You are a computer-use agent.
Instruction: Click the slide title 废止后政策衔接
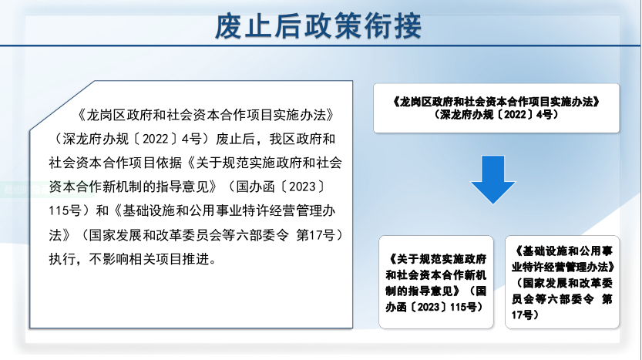318,27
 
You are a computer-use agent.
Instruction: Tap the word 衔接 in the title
392,27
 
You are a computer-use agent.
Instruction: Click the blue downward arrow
493,180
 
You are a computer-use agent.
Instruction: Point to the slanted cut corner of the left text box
62,106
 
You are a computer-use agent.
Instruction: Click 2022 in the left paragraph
155,140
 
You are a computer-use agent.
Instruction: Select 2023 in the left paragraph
302,187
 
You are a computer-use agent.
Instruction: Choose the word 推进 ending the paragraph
196,259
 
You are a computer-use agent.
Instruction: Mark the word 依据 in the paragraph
169,163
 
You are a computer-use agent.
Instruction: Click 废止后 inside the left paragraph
235,140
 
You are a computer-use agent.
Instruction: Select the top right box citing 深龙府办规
496,108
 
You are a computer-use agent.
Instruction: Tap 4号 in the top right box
545,114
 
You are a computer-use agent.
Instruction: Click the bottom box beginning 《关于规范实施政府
436,282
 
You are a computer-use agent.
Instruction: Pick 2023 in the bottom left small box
429,307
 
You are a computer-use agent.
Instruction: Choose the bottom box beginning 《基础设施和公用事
562,282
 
